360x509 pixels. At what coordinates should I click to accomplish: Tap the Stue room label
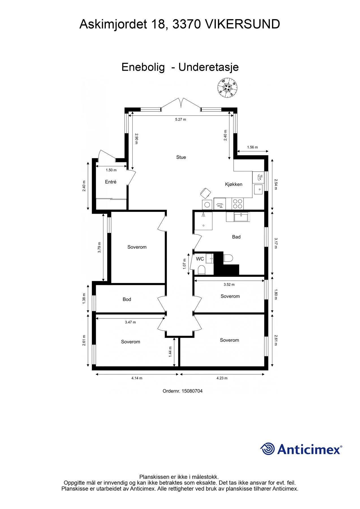click(181, 157)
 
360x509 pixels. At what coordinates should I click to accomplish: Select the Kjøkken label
click(234, 184)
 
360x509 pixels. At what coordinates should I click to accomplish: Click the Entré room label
click(111, 182)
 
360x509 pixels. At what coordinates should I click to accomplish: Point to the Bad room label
click(236, 237)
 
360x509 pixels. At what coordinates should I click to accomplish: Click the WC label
click(200, 259)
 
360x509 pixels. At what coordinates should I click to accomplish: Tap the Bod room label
click(127, 299)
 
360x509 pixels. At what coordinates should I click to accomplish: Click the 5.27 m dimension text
click(180, 119)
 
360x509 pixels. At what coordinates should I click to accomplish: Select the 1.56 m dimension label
click(252, 147)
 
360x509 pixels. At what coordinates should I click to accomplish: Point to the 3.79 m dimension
click(99, 247)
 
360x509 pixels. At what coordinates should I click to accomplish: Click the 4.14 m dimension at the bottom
click(137, 378)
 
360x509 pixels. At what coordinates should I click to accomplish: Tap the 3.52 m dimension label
click(229, 284)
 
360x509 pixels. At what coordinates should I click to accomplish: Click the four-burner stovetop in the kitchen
click(238, 204)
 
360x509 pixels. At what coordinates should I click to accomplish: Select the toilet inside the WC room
click(201, 270)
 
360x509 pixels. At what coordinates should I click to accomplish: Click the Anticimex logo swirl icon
click(267, 449)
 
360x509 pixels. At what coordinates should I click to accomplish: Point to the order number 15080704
click(192, 391)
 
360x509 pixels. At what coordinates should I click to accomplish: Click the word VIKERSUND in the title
click(242, 24)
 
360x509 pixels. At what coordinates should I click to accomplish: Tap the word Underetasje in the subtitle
click(208, 67)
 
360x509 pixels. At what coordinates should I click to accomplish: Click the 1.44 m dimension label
click(170, 352)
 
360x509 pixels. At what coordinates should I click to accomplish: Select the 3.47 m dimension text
click(130, 322)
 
